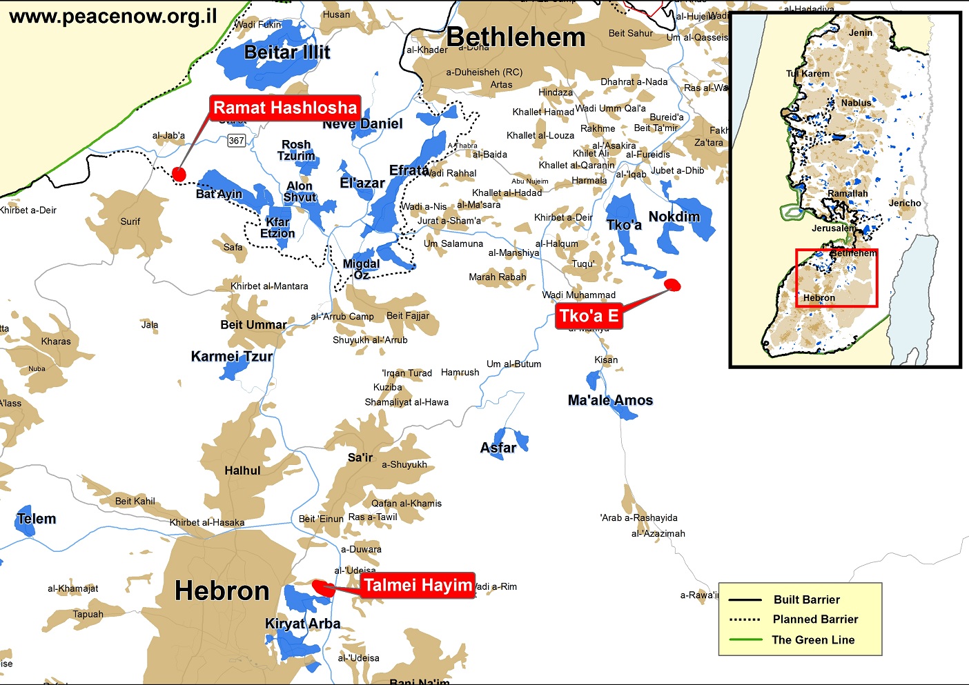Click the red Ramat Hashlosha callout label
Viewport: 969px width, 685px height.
tap(285, 108)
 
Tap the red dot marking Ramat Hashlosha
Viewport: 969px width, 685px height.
tap(179, 174)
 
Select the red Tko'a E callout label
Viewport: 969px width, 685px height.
tap(589, 316)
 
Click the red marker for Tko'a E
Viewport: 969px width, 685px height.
tap(672, 284)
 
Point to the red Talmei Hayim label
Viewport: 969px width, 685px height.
tap(418, 586)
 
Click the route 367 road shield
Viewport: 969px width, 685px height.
tap(237, 141)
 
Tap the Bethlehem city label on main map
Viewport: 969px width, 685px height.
tap(516, 37)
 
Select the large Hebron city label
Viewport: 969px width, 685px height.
tap(222, 591)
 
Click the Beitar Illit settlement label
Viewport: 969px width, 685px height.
tap(287, 52)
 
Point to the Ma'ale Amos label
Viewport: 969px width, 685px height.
tap(610, 400)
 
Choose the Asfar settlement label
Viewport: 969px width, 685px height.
tap(498, 448)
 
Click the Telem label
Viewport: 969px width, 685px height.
tap(37, 519)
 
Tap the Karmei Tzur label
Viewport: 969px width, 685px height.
tap(232, 357)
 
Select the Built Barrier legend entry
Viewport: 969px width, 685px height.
tap(806, 599)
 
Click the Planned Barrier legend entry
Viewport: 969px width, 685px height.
tap(815, 619)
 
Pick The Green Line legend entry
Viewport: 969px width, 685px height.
tap(813, 639)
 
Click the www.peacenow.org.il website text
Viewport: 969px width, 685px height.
tap(113, 17)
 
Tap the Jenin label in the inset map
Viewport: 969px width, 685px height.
tap(860, 32)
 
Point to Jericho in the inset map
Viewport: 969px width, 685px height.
tap(904, 203)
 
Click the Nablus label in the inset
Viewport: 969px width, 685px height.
tap(856, 103)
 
